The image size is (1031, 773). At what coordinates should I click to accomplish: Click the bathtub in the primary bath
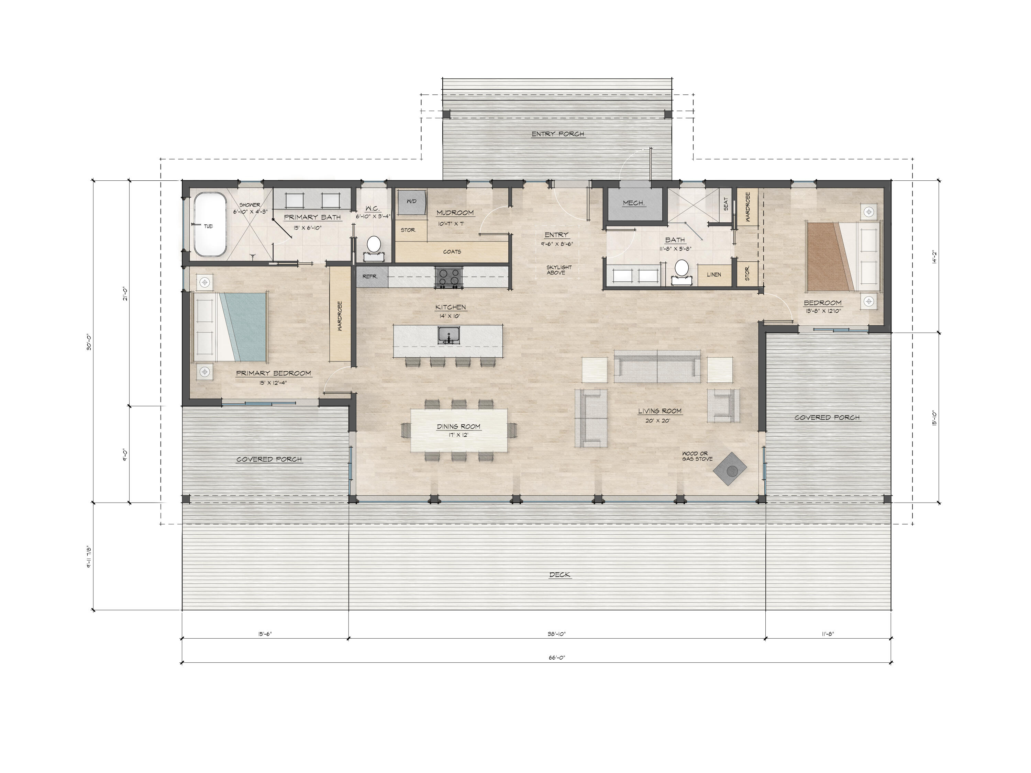tap(210, 225)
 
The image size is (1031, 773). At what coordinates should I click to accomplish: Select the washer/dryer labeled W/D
tap(412, 202)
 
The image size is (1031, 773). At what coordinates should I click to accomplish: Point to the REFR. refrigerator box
tap(372, 276)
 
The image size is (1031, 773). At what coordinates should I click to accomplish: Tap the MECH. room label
tap(633, 203)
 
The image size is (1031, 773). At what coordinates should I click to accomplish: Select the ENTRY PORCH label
tap(558, 134)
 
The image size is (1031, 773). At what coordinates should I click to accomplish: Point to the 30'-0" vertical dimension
tap(89, 341)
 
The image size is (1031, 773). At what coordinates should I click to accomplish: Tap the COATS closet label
tap(452, 251)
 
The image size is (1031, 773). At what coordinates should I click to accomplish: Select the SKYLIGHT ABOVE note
tap(559, 270)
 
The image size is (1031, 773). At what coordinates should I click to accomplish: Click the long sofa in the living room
tap(657, 363)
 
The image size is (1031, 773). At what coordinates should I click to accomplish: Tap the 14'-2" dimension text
tap(934, 256)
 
